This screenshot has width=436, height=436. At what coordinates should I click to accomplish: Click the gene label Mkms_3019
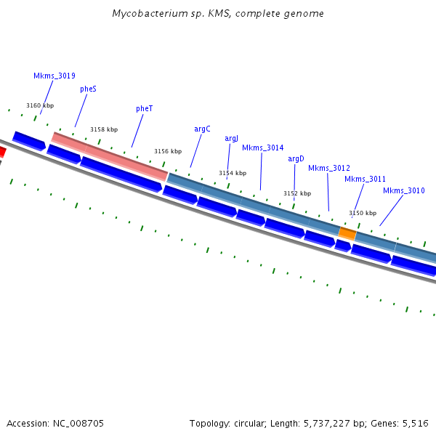[x=54, y=76]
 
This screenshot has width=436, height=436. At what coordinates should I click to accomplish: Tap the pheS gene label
[x=88, y=89]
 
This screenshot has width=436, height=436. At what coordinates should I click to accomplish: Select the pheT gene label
[x=145, y=108]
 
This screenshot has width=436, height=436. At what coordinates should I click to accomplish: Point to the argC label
[x=202, y=129]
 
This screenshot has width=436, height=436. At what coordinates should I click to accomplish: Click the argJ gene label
[x=231, y=138]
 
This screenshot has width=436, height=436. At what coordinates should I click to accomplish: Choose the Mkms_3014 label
[x=262, y=148]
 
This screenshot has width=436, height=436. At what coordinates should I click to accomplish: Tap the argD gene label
[x=296, y=158]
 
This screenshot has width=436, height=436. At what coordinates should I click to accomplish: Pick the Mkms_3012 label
[x=328, y=168]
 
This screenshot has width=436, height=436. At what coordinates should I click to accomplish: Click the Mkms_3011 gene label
[x=365, y=179]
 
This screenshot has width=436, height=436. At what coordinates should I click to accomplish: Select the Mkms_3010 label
[x=404, y=190]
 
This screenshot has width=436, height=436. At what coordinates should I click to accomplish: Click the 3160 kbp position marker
[x=40, y=105]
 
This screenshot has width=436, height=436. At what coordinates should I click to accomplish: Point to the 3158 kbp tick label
[x=104, y=129]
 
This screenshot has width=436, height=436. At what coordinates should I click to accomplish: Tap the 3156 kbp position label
[x=168, y=151]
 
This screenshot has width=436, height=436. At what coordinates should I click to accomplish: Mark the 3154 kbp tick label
[x=233, y=173]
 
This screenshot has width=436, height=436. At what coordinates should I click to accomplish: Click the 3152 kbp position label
[x=297, y=193]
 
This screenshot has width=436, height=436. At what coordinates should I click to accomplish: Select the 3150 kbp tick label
[x=363, y=213]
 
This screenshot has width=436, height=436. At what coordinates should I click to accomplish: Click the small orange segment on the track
[x=347, y=234]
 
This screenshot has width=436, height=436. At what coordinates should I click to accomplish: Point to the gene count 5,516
[x=416, y=422]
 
